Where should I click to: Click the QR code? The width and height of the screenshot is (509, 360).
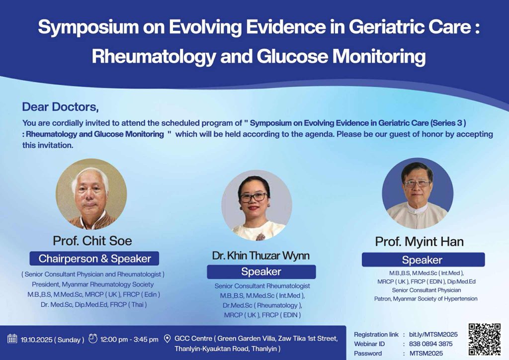click(x=484, y=339)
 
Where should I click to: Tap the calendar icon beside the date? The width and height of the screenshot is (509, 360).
click(x=12, y=339)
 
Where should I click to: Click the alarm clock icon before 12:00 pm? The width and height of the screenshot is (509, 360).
click(x=93, y=338)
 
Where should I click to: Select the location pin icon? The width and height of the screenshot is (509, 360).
click(x=167, y=339)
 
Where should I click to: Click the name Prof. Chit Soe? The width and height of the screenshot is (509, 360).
click(x=92, y=241)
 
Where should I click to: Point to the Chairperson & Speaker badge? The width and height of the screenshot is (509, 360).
click(x=94, y=259)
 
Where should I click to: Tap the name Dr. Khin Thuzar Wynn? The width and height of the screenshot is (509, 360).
click(x=260, y=256)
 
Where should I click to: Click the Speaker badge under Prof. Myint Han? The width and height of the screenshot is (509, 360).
click(x=424, y=260)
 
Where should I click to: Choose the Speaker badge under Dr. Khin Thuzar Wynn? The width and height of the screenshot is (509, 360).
click(x=261, y=271)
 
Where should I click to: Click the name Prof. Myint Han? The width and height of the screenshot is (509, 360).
click(x=419, y=242)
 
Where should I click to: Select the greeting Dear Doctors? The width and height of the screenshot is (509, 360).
click(x=60, y=107)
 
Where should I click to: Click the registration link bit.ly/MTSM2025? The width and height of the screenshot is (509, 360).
click(x=433, y=334)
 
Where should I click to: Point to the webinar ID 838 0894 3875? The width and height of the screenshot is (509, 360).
click(x=430, y=344)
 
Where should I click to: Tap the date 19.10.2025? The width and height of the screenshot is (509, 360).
click(x=36, y=340)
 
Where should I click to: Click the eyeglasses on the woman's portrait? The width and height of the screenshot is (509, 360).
click(x=254, y=197)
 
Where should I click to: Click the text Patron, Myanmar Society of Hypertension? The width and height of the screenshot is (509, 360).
click(x=425, y=299)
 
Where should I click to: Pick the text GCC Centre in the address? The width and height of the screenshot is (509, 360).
click(x=193, y=339)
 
